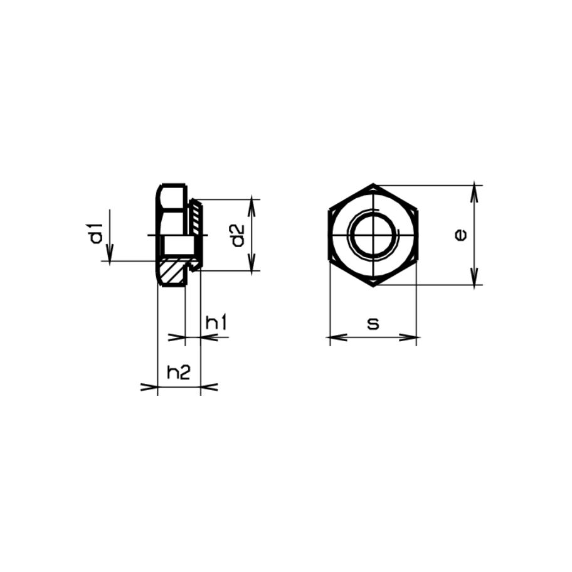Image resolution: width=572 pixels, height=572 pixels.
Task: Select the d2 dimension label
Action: [x=238, y=236]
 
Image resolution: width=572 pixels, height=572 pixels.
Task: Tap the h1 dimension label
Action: [x=216, y=323]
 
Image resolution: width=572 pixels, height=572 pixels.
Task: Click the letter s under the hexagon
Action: [x=373, y=324]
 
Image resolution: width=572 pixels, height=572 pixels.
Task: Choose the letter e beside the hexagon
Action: [x=461, y=235]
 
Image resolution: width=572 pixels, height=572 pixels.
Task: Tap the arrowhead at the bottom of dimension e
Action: [x=474, y=277]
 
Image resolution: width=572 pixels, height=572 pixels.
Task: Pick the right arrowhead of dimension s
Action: [x=408, y=337]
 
